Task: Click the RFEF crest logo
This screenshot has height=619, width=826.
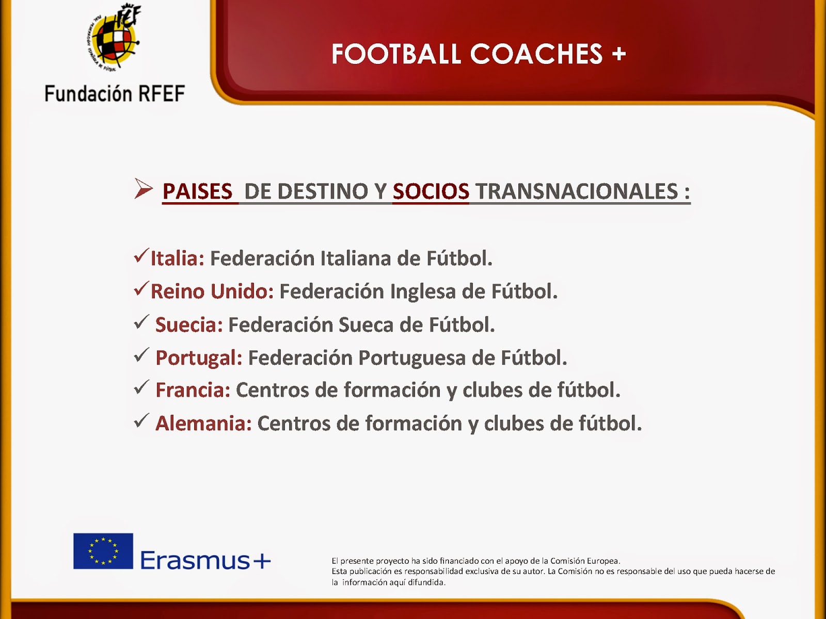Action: tap(114, 37)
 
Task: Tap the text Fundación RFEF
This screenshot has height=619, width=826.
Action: tap(115, 93)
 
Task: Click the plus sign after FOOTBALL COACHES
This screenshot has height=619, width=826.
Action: tap(618, 54)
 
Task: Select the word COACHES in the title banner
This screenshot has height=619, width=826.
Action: tap(536, 54)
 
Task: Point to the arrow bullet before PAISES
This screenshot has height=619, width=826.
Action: tap(144, 189)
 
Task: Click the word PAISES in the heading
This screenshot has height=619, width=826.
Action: tap(198, 191)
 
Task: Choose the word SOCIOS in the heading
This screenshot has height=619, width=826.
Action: tap(431, 191)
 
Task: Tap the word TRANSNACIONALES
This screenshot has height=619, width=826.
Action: tap(577, 191)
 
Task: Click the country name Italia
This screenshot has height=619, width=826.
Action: tap(177, 258)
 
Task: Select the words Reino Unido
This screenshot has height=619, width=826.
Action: tap(212, 291)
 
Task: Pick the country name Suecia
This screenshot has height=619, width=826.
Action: tap(189, 325)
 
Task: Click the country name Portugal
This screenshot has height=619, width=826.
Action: tap(199, 358)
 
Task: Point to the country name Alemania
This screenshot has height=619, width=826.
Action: tap(203, 423)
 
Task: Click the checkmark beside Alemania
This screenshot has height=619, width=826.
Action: tap(141, 420)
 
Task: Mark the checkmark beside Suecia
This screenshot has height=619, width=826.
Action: tap(141, 322)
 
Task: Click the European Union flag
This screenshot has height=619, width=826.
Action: tap(103, 551)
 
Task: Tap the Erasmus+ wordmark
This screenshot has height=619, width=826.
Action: tap(205, 560)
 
